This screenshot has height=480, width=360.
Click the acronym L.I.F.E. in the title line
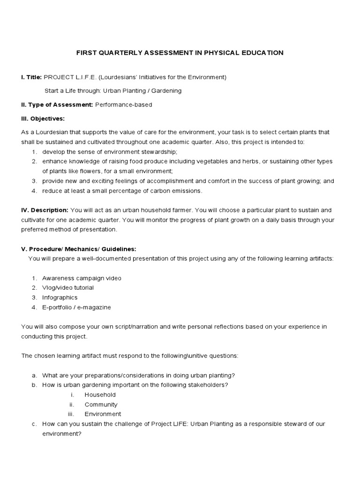tap(83, 77)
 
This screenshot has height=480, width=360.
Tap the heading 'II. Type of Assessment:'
tap(57, 105)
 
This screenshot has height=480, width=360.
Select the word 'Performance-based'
tap(124, 105)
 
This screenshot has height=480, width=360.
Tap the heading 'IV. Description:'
tap(45, 210)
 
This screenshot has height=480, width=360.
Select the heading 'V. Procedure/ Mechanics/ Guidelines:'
tap(79, 249)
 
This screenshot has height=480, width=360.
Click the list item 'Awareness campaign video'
tap(82, 278)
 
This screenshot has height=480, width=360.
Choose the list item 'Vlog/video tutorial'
tap(68, 288)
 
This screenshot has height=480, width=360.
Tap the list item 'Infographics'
tap(60, 298)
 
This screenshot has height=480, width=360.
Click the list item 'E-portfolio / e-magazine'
tap(77, 307)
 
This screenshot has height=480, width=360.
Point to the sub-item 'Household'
tap(100, 395)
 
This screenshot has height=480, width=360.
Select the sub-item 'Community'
tap(101, 405)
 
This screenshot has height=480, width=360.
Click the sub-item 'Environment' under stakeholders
tap(103, 414)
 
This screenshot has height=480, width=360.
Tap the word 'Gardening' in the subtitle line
tap(165, 90)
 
